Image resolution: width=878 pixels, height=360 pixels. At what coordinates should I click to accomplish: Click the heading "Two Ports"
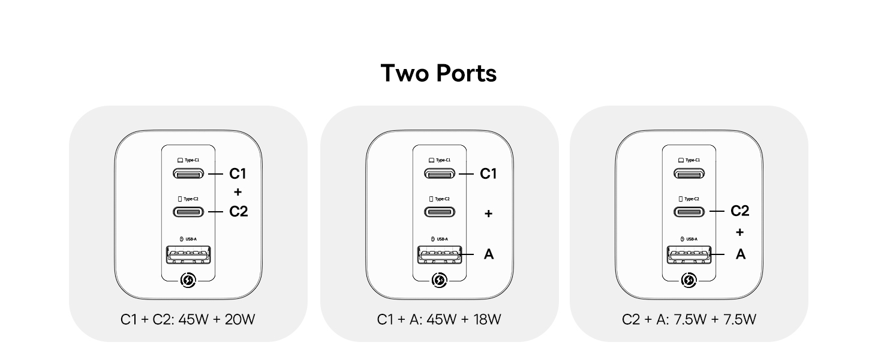(x=438, y=73)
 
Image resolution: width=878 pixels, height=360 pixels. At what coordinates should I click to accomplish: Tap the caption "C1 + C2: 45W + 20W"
(x=188, y=319)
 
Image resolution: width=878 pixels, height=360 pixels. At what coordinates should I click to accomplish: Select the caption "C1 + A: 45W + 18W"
(x=438, y=319)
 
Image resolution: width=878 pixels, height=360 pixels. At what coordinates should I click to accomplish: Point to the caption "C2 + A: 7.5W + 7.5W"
(x=688, y=319)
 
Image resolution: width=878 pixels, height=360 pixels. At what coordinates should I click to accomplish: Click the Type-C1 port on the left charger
(x=188, y=174)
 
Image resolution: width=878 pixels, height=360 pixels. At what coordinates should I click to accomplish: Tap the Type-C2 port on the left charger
(x=188, y=212)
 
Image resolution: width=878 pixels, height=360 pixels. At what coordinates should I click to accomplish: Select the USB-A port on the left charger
(x=188, y=255)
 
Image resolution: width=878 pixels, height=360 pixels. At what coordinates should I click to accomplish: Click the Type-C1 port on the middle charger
(x=440, y=174)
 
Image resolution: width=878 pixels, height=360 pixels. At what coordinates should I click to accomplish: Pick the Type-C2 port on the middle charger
(x=440, y=212)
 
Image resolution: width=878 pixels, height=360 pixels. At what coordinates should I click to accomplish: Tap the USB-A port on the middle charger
(x=440, y=255)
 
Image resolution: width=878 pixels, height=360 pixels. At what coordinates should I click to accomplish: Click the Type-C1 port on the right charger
(x=689, y=174)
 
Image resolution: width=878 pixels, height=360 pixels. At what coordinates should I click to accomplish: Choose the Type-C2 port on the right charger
(x=689, y=212)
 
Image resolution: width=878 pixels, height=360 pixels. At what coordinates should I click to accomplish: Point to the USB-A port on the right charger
(x=689, y=255)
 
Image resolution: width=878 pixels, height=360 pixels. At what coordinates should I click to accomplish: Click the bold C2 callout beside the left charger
(x=238, y=212)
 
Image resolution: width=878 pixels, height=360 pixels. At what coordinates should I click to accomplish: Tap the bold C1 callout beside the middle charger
(x=489, y=174)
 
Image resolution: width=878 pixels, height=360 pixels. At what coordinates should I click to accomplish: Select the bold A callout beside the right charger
(x=741, y=254)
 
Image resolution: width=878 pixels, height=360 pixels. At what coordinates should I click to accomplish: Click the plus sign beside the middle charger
(x=488, y=214)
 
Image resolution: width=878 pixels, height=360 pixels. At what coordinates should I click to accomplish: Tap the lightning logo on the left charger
(x=188, y=280)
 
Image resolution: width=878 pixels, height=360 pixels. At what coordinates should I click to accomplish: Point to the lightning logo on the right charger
(x=689, y=280)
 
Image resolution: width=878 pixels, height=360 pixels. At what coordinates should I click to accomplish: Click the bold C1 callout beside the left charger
(x=238, y=174)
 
